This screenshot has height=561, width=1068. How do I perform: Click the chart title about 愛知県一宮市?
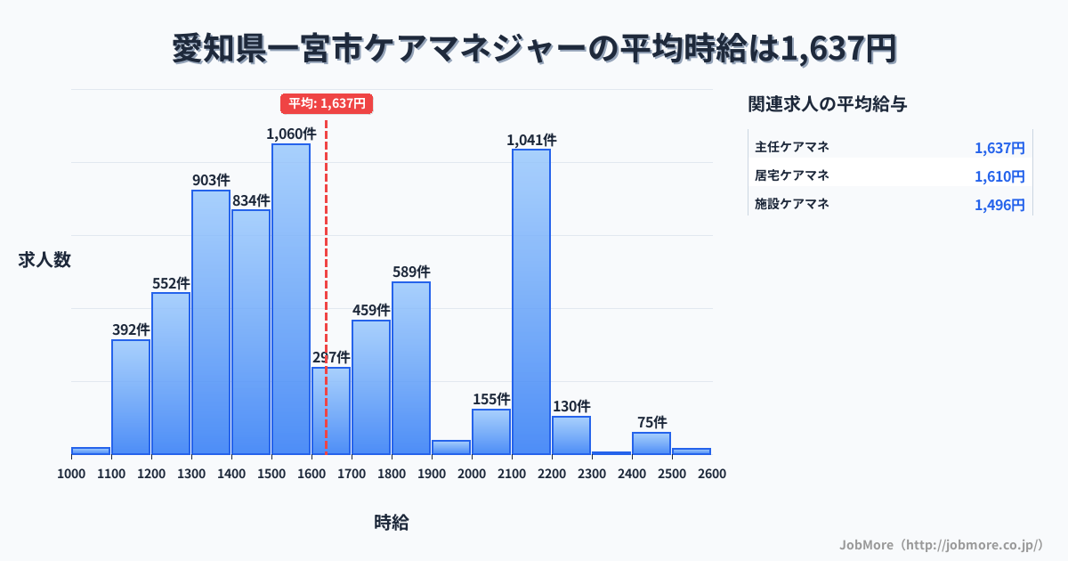pos(534,48)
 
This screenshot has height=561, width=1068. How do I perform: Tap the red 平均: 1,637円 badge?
pos(327,103)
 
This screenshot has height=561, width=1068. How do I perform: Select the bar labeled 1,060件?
pos(291,298)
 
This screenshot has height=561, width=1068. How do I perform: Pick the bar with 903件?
pos(211,321)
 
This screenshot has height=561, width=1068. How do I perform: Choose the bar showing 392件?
pos(131,396)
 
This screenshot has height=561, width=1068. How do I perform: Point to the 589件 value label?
pos(411,272)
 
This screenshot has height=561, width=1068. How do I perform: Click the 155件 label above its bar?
pos(491,399)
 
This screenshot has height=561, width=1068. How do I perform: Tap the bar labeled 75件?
pos(651,443)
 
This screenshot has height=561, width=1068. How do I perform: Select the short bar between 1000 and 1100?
pos(91,451)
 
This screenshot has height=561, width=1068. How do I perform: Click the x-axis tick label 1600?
pos(311,474)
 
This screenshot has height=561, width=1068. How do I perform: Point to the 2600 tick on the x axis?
pos(712,474)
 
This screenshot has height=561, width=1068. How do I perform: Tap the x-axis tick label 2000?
pos(472,474)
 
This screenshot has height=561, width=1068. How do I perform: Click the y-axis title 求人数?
pos(44,260)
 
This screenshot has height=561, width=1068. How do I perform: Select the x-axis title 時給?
pos(392,523)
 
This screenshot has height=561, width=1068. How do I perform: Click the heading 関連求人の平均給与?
pos(828,104)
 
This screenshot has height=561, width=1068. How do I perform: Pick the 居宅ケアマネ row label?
pos(792,175)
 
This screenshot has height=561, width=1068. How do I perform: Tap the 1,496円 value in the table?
pos(999,205)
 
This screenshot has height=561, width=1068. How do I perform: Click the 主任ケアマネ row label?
pos(792,147)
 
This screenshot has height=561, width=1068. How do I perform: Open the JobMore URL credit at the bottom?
pos(941,544)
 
